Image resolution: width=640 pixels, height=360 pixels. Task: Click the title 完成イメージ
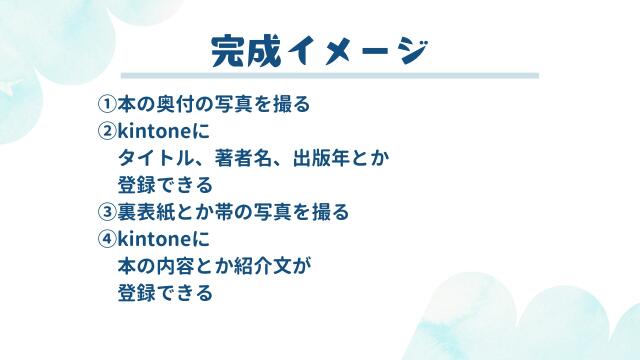(x=320, y=50)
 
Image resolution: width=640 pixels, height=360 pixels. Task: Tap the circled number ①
(x=107, y=104)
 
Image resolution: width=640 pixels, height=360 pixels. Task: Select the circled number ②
(x=107, y=131)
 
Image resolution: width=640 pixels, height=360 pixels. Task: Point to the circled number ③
(x=107, y=212)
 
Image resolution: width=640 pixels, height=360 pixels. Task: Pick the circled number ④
(x=107, y=239)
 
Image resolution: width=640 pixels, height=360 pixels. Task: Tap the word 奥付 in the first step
(x=172, y=104)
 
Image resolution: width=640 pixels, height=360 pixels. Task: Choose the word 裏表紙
(x=145, y=212)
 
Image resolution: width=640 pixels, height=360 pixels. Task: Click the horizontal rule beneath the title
(x=330, y=76)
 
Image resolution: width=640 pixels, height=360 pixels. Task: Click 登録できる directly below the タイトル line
(x=165, y=185)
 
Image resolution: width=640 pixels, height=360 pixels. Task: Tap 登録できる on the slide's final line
(x=165, y=293)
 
